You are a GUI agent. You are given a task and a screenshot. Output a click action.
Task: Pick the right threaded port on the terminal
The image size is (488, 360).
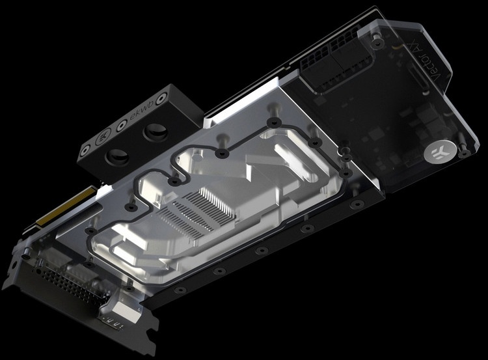point(156,132)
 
